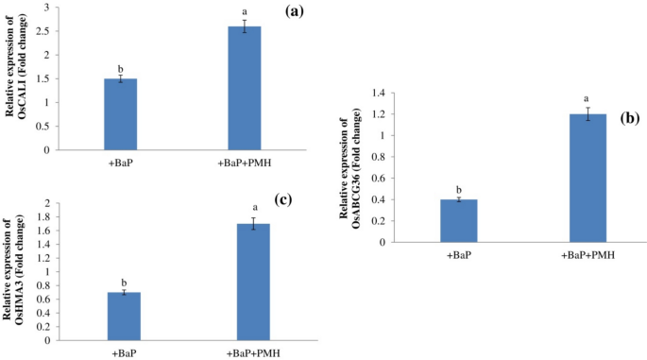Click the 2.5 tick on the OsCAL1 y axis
(41, 30)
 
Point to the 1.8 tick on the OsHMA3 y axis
(42, 217)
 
